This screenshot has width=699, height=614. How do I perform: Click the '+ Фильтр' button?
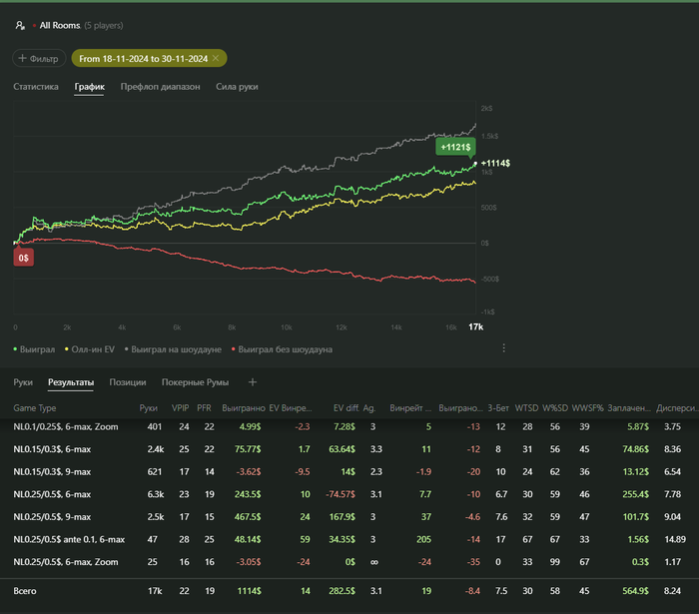pyautogui.click(x=39, y=59)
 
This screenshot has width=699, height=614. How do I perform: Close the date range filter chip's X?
pyautogui.click(x=216, y=59)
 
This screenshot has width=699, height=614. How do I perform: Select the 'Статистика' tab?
pyautogui.click(x=36, y=87)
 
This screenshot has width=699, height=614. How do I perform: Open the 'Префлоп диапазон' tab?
pyautogui.click(x=160, y=87)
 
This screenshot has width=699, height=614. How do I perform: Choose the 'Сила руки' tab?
pyautogui.click(x=238, y=87)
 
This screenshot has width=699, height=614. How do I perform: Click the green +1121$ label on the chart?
pyautogui.click(x=454, y=147)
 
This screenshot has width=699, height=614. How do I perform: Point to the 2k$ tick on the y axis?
pyautogui.click(x=486, y=108)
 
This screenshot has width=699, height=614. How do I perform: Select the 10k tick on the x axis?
pyautogui.click(x=286, y=327)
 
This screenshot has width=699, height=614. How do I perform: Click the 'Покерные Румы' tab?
pyautogui.click(x=196, y=382)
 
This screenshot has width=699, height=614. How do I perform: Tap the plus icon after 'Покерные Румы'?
pyautogui.click(x=253, y=382)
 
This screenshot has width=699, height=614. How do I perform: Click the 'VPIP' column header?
pyautogui.click(x=180, y=407)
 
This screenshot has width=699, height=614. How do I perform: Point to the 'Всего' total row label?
pyautogui.click(x=25, y=592)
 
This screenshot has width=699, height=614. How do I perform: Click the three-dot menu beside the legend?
pyautogui.click(x=504, y=348)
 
